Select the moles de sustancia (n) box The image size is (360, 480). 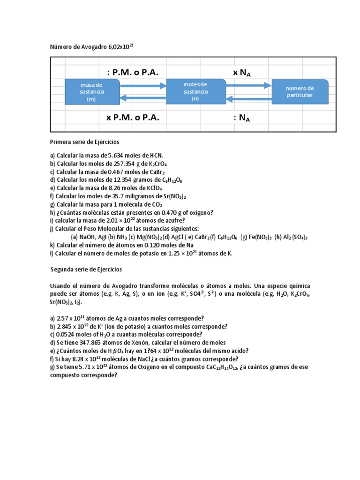(x=195, y=91)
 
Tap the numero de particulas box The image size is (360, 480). (x=300, y=91)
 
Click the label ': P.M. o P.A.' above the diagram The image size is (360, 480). (x=133, y=72)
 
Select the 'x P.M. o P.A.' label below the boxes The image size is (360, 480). (x=133, y=118)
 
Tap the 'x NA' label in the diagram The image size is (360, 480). (x=244, y=72)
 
